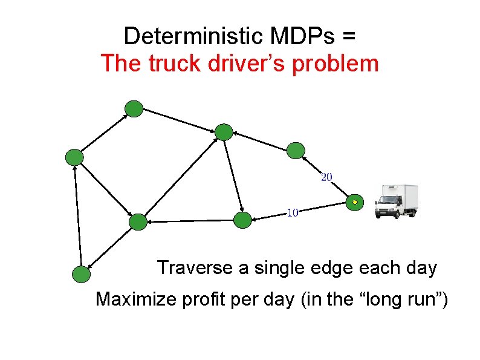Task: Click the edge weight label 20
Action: pos(326,177)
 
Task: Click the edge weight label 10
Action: pos(292,212)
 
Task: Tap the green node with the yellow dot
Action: pos(355,201)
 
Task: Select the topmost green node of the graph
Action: pos(133,109)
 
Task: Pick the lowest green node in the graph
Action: pos(81,275)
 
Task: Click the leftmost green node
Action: pos(74,157)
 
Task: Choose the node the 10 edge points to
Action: pos(242,220)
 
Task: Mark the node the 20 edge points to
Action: pos(295,150)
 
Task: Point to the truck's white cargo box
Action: pos(405,197)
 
